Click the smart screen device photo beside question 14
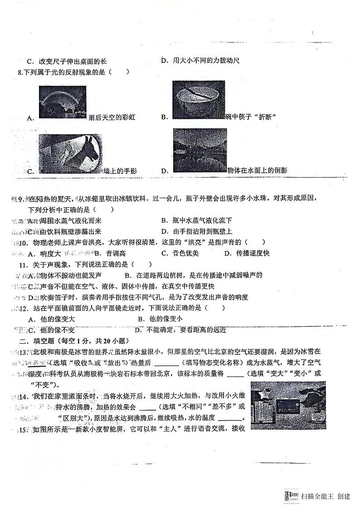(287, 405)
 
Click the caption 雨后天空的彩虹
(112, 118)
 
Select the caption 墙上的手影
(120, 171)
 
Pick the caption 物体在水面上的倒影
(257, 170)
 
